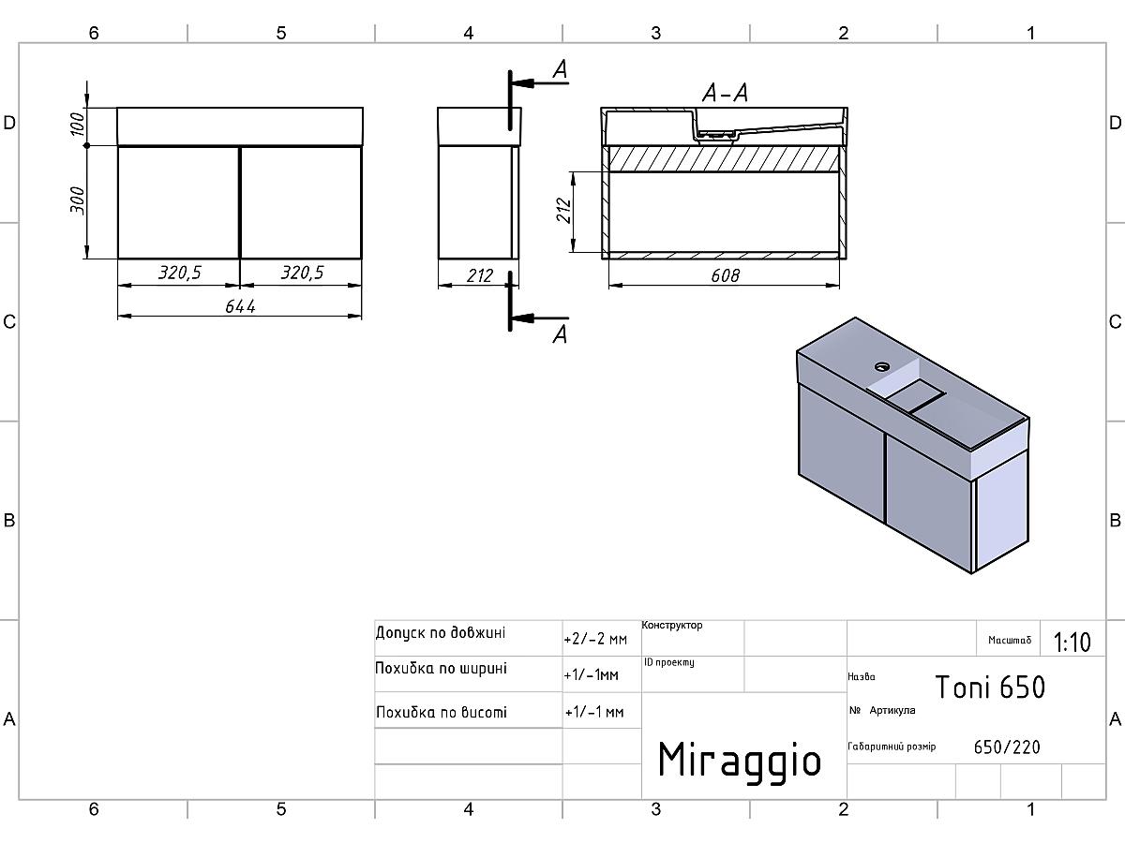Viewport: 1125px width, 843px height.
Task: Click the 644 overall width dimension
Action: click(240, 306)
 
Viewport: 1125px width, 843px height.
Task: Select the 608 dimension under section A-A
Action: click(725, 276)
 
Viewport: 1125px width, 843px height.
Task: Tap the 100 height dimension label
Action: click(77, 124)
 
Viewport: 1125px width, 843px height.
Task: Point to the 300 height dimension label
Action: click(77, 200)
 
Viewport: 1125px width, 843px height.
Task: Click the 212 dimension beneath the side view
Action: click(480, 276)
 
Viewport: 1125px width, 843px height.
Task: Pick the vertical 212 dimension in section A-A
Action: click(563, 211)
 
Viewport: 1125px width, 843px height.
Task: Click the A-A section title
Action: click(725, 93)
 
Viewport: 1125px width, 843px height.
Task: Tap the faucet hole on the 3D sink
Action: click(882, 366)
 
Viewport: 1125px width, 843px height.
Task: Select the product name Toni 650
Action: click(990, 687)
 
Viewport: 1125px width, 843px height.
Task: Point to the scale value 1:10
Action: click(1072, 642)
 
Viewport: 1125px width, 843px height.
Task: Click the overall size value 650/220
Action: click(1007, 747)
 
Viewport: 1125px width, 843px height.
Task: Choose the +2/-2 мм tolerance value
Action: click(595, 639)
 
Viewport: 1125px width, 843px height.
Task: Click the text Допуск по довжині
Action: click(441, 633)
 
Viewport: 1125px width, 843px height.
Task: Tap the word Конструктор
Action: click(672, 625)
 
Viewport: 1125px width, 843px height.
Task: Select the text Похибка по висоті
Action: click(442, 712)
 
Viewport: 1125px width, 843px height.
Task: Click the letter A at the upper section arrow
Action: click(561, 69)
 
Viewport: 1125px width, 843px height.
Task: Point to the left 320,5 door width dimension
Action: click(179, 273)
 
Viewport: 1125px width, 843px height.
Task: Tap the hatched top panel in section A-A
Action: click(724, 158)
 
